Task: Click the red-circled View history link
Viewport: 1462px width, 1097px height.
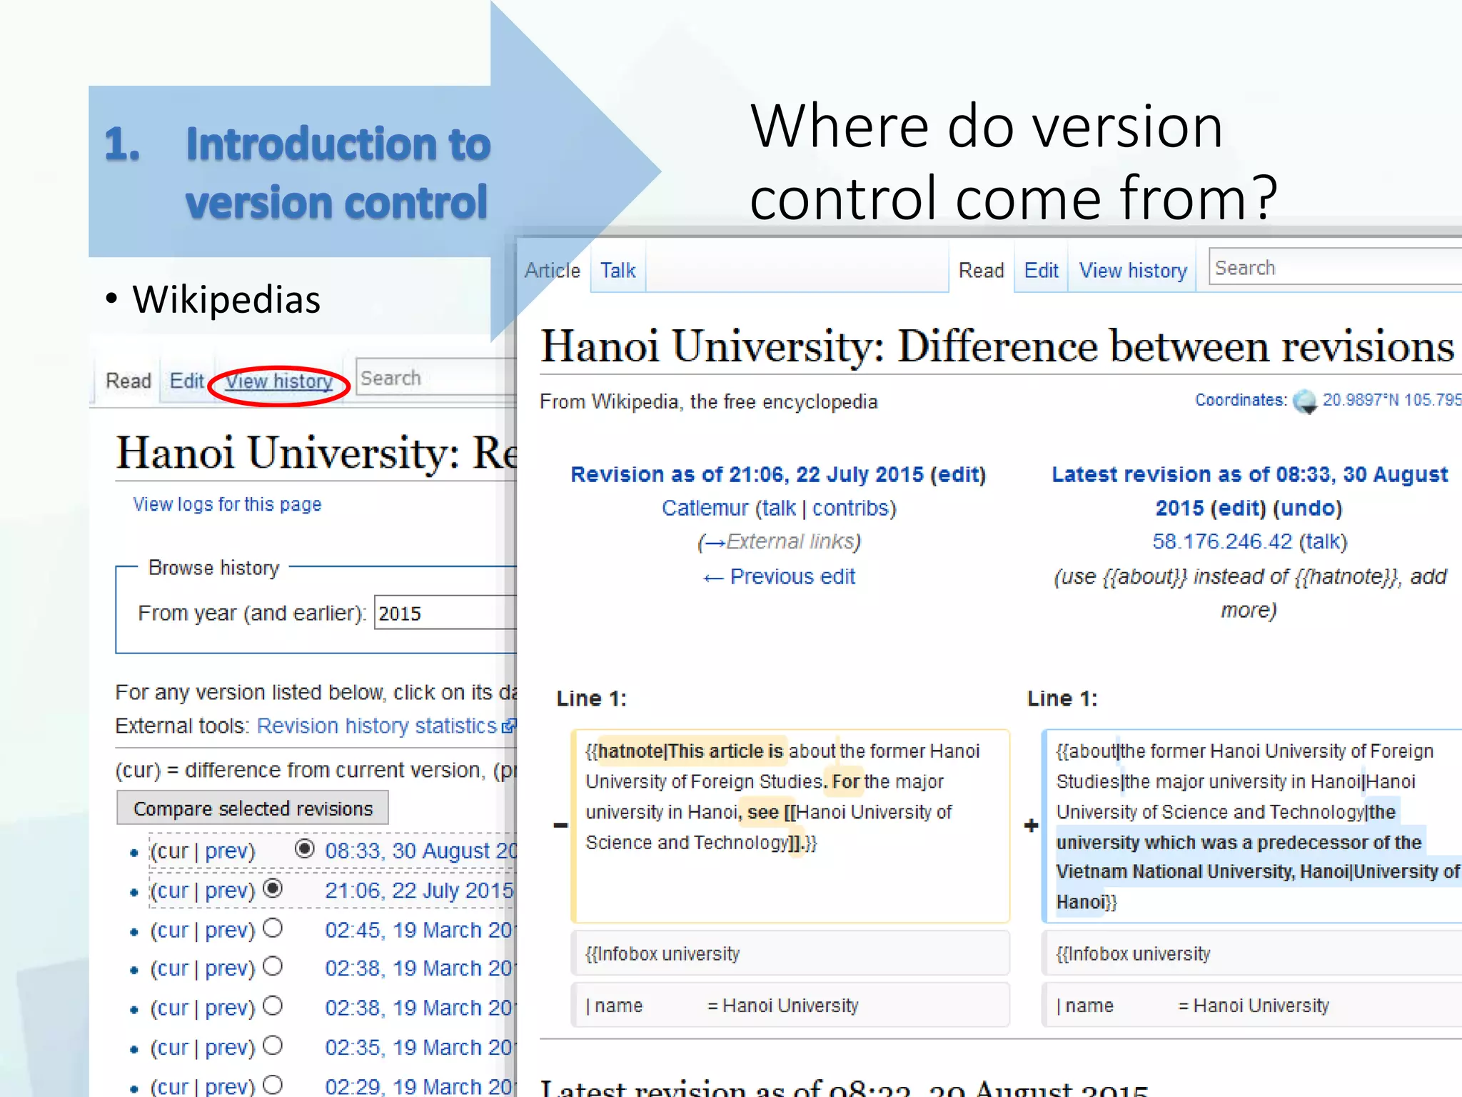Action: pos(279,381)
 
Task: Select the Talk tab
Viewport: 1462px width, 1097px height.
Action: pos(617,271)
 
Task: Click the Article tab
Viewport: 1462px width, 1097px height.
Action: pos(552,271)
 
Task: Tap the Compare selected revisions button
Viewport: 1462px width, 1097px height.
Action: pos(253,808)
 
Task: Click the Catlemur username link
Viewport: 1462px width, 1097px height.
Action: pos(705,508)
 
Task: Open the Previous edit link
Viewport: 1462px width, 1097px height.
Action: pos(792,576)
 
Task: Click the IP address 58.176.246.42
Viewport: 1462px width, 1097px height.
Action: pos(1222,541)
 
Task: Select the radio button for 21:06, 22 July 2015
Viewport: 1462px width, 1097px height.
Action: pos(273,888)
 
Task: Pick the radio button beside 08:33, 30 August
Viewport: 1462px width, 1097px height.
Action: pos(305,848)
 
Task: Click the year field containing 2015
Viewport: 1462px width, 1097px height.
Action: pos(443,613)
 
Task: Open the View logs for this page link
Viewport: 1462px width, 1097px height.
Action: pos(227,504)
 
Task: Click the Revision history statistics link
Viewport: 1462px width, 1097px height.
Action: pos(377,726)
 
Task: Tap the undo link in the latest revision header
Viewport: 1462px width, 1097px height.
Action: pos(1309,508)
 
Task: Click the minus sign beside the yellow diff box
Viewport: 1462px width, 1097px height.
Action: pos(561,826)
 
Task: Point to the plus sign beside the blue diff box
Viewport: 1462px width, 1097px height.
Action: pos(1031,826)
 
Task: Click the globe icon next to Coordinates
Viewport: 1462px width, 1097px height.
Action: pos(1305,401)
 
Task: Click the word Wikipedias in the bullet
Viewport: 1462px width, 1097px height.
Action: pos(226,299)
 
